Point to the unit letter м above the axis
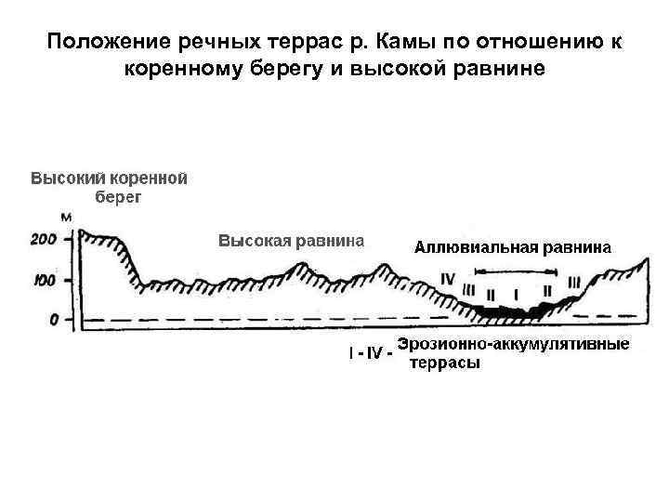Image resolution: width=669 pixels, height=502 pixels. pos(65,218)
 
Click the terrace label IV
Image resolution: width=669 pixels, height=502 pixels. pos(449,278)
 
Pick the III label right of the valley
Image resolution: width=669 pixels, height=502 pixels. pos(573,281)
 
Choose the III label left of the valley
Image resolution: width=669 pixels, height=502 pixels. pos(468,288)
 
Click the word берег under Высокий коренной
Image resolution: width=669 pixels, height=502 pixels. pos(119,196)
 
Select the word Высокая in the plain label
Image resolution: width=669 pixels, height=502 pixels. pos(255,242)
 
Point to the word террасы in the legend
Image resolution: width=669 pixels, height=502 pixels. pos(445,363)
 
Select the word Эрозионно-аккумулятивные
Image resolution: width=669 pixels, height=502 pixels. pos(512,344)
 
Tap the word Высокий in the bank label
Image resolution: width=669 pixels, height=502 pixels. pos(68,177)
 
